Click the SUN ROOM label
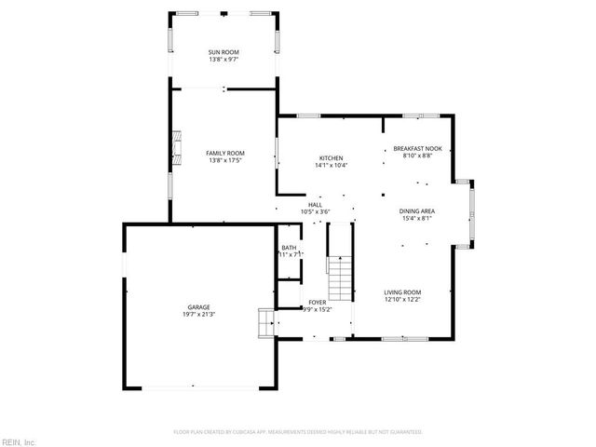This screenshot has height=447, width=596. coord(224,53)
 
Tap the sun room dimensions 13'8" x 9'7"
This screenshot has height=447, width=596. coord(224,61)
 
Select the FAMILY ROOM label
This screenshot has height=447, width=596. coord(224,153)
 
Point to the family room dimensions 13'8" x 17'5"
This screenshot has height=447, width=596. coord(224,160)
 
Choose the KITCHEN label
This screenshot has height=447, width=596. coord(332,158)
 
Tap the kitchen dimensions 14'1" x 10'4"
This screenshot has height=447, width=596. coord(332,166)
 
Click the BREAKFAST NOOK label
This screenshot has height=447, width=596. coord(416,149)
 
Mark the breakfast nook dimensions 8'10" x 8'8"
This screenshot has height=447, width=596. coord(416,156)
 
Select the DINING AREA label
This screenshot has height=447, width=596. coord(417,211)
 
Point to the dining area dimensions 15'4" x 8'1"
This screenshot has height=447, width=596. coord(417,219)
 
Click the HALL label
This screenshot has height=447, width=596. coord(316,204)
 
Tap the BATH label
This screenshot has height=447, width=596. coord(289,248)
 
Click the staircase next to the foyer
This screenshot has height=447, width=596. coord(341,276)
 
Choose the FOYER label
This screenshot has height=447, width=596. coord(318,303)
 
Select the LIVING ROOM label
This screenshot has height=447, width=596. coord(402,292)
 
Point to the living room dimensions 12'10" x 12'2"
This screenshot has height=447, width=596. coord(402,300)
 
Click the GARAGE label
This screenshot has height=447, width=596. coord(197,307)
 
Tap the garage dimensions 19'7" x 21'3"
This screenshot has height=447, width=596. coord(197,315)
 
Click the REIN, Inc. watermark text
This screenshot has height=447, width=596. coord(18,440)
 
